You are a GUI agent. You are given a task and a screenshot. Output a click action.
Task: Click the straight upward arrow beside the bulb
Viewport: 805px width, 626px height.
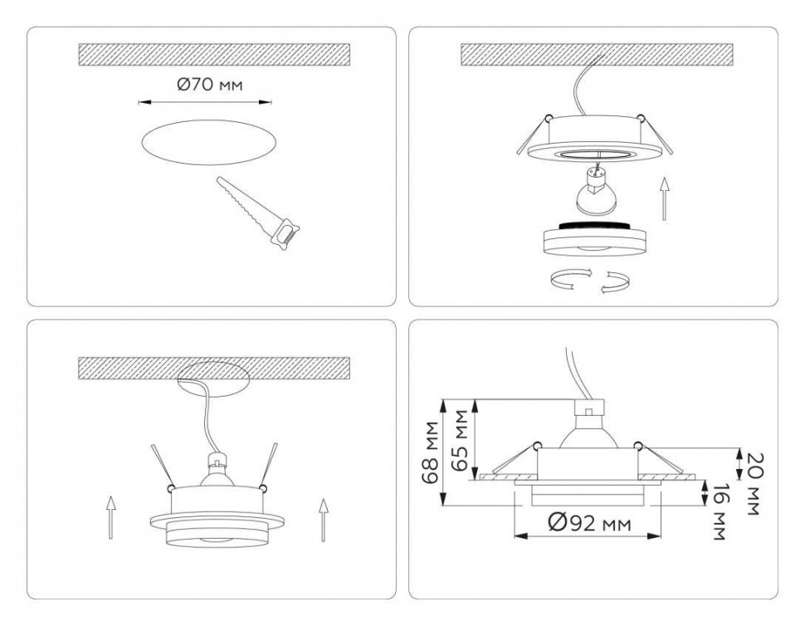click(x=665, y=197)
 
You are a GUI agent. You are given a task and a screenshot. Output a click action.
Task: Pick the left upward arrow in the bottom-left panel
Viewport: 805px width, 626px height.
click(x=111, y=516)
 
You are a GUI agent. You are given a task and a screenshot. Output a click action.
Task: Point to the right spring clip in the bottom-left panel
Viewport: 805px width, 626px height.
click(x=270, y=465)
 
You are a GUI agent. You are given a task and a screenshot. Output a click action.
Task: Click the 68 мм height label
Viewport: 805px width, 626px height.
click(x=431, y=454)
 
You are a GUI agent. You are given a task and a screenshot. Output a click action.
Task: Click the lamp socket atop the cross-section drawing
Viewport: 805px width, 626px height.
click(x=588, y=408)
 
